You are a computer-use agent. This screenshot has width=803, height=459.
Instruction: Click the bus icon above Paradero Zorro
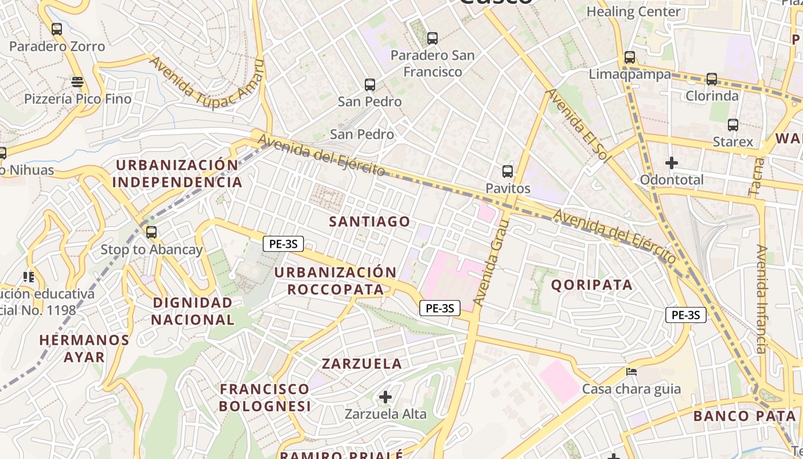[57, 29]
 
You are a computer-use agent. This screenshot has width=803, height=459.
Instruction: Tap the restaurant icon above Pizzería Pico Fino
[77, 81]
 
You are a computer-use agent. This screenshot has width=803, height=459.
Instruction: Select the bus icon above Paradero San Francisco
[432, 38]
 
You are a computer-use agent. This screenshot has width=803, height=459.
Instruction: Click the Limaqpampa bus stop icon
[630, 57]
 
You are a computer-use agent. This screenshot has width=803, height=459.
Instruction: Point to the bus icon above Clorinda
[712, 79]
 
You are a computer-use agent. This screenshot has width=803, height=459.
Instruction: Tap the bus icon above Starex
[733, 125]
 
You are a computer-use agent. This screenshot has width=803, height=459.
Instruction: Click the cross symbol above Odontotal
[672, 163]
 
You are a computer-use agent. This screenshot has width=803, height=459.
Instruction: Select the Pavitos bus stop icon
[508, 171]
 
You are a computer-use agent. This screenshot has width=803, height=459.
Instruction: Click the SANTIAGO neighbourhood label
[370, 221]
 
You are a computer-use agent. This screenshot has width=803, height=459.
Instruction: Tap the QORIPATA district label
[592, 285]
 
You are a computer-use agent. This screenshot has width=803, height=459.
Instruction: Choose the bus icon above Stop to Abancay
[151, 232]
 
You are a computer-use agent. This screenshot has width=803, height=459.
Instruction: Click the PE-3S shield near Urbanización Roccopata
[283, 244]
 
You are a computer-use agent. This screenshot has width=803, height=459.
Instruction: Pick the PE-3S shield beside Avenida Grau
[440, 308]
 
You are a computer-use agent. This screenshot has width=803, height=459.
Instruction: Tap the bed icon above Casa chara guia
[632, 372]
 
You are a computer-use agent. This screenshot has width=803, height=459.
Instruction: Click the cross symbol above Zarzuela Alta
[385, 396]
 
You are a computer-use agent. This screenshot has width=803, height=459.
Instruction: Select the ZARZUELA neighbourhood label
[362, 364]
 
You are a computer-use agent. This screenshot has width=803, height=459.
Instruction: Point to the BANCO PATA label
[744, 416]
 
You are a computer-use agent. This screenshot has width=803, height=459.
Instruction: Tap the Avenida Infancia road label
[761, 298]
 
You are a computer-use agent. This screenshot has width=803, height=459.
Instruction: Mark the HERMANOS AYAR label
[84, 348]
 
